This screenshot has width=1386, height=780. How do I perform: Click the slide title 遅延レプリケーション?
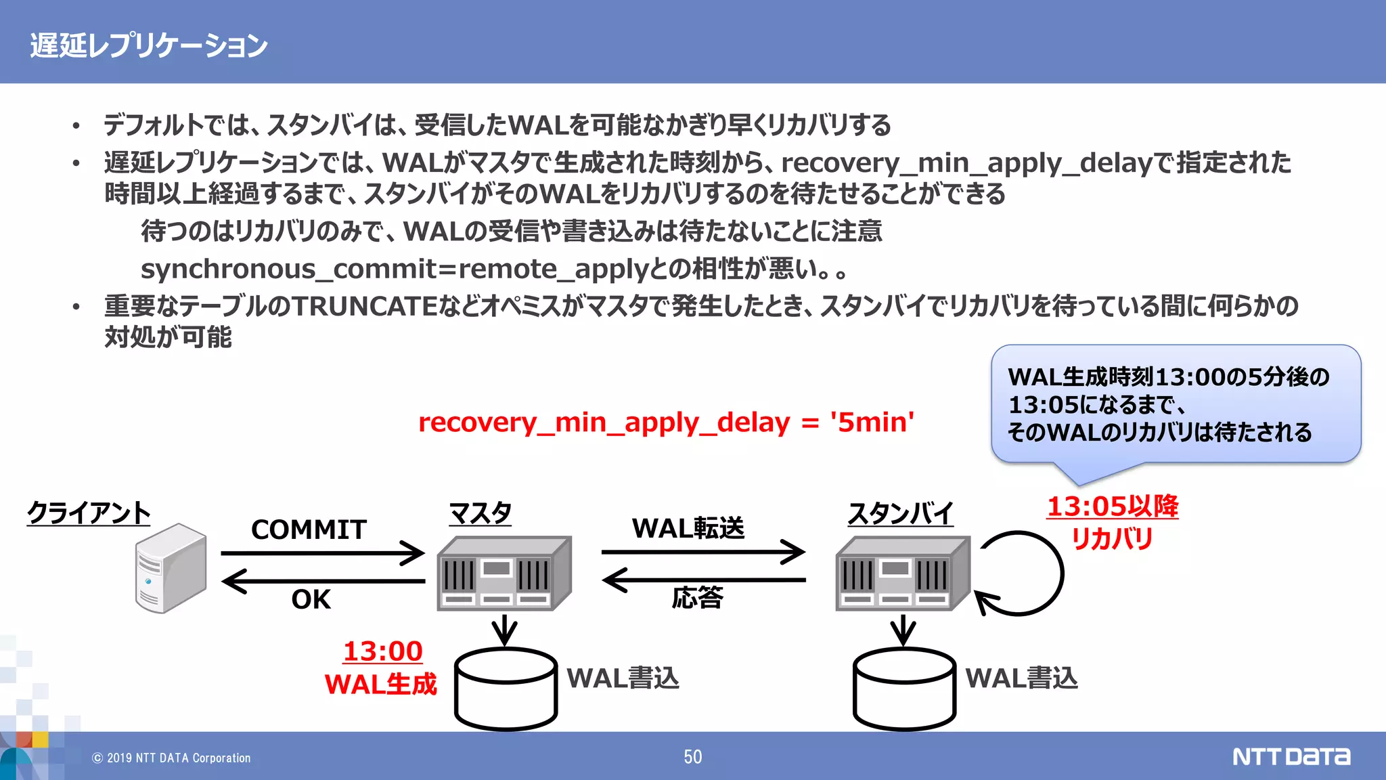click(149, 45)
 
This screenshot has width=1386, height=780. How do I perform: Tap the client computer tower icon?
click(171, 568)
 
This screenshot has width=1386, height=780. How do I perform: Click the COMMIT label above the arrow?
click(309, 529)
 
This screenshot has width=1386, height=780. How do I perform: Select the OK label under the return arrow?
click(311, 599)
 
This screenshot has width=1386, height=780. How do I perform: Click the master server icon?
click(504, 573)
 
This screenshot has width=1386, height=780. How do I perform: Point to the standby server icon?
click(903, 573)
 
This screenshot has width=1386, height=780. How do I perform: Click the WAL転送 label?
click(688, 528)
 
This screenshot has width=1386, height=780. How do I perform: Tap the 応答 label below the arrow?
click(697, 598)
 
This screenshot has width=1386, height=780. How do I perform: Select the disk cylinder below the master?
click(506, 689)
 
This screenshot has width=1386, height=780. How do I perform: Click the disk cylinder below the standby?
click(904, 689)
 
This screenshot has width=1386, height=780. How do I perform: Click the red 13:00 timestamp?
click(382, 651)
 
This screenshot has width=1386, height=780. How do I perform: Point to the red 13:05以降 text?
click(1112, 506)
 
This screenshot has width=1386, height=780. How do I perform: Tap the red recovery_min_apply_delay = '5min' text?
click(666, 422)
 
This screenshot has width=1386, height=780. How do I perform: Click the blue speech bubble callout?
click(1176, 404)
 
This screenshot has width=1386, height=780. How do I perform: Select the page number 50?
click(692, 757)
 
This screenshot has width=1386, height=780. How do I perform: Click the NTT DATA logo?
click(1291, 756)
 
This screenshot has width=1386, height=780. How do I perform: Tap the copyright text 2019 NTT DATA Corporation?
click(172, 758)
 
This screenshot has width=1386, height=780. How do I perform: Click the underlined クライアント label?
click(89, 513)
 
